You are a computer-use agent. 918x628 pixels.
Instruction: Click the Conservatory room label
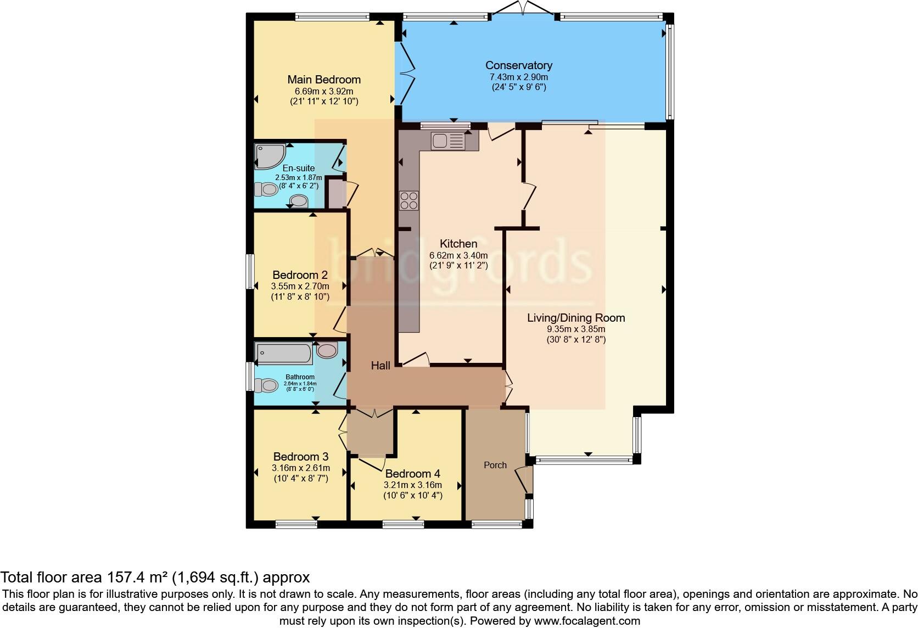(518, 66)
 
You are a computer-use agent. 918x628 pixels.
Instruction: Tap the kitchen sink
(447, 142)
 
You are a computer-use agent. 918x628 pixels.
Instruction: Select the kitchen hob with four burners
(408, 200)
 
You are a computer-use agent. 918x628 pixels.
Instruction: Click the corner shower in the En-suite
(269, 155)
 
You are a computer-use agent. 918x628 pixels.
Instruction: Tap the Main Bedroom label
(324, 80)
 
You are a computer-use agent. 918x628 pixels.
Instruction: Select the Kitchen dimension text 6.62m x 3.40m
(458, 255)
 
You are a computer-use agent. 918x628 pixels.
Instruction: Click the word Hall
(380, 366)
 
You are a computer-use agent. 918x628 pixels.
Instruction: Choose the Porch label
(495, 465)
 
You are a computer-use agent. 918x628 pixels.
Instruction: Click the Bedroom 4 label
(412, 474)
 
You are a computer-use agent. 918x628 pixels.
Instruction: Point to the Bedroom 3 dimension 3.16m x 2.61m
(301, 468)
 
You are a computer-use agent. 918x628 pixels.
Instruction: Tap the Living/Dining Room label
(576, 318)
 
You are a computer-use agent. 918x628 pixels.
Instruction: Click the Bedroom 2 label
(300, 275)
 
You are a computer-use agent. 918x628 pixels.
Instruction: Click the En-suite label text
(299, 169)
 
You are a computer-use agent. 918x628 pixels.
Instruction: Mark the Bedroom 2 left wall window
(250, 271)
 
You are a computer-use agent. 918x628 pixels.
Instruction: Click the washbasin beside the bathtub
(327, 350)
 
